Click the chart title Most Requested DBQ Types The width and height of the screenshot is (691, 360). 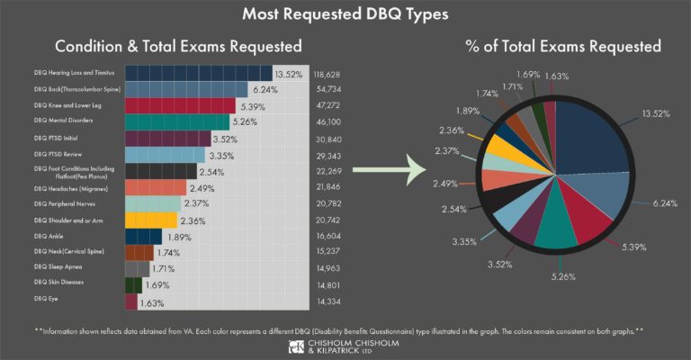coord(345,15)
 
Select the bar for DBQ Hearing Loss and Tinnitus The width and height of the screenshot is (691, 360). coord(197,74)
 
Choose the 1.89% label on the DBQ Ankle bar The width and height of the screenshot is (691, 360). coord(182,236)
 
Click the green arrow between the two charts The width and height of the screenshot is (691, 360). coord(386,168)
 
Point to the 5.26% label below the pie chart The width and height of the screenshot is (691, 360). coord(564,274)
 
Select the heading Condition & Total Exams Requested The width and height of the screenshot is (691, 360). coord(178,45)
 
